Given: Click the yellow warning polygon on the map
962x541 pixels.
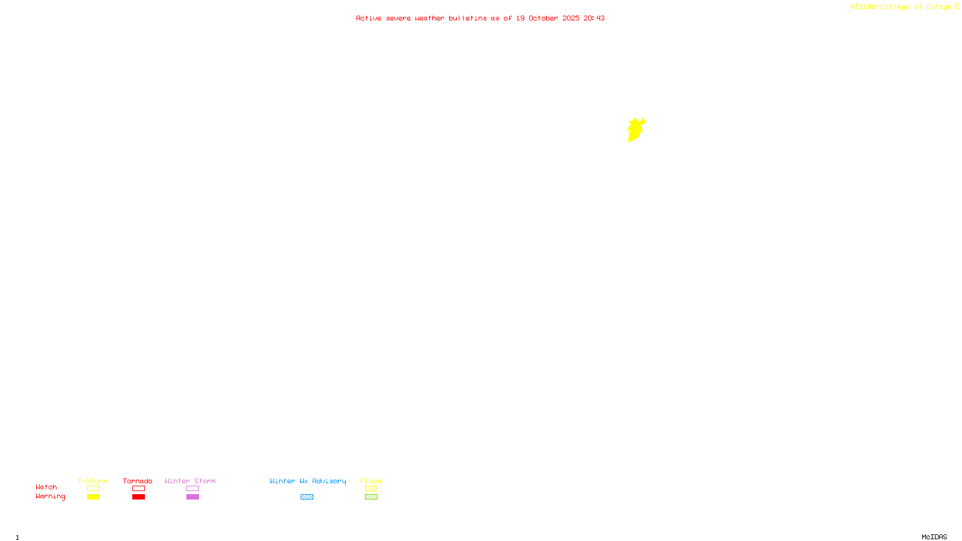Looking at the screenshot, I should [635, 130].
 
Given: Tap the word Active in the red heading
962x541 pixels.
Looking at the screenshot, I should [369, 18].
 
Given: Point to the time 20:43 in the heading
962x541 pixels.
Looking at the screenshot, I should [594, 18].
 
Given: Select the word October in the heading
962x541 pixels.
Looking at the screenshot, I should [543, 18].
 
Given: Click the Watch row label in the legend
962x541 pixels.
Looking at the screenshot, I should [46, 487].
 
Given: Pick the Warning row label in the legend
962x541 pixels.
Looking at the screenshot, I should [50, 497].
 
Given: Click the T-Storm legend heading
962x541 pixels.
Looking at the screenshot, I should [93, 481].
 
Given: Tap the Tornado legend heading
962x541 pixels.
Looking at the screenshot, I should [138, 481].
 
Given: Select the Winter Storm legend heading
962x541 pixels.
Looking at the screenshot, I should [190, 481].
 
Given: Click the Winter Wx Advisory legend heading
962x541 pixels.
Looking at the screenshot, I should [308, 481].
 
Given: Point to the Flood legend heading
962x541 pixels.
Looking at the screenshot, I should [371, 481].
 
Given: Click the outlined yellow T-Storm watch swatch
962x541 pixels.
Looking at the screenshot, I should [93, 489].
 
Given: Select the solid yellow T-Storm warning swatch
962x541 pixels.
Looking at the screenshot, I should [93, 497].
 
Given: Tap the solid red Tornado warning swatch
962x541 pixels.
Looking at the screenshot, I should [139, 497].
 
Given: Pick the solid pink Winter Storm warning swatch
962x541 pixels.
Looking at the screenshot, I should [192, 497].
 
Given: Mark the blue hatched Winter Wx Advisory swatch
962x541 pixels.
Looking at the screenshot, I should [307, 497].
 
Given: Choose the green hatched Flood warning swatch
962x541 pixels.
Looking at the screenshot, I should [371, 497].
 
